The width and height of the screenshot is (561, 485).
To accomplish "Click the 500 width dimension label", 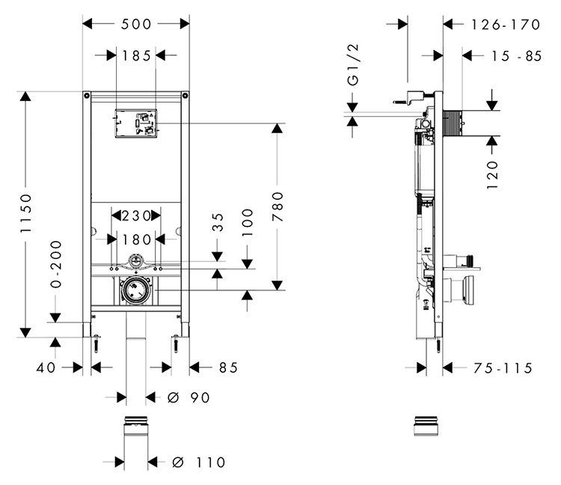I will point(136,24).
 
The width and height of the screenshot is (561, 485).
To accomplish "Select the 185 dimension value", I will point(136,55).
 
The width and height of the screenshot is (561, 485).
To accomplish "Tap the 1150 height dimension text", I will point(26,214).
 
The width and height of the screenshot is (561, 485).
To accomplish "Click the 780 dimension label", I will point(278,206).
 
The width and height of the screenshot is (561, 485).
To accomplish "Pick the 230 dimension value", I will point(135,216).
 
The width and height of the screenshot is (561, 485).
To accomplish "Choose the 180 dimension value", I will point(135,239).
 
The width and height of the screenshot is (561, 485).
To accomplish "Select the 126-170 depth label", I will point(506,25).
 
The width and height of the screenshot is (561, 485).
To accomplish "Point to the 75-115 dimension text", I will point(503,367).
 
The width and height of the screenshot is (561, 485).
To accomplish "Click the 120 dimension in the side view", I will point(492,174).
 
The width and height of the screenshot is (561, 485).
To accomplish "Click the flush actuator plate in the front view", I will point(136,124).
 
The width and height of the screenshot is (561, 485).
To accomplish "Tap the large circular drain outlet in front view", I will point(135,291).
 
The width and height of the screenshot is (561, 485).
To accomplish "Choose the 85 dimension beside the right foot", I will point(228,367).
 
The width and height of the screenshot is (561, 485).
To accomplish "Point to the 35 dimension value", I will point(218,222).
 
